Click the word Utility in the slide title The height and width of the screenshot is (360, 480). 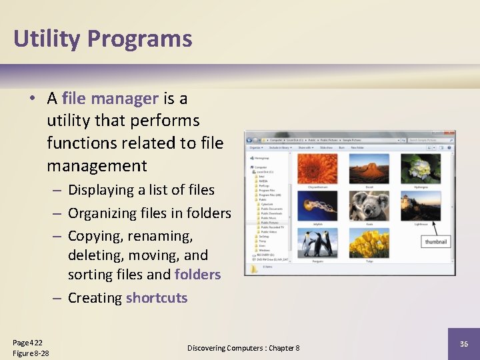pyautogui.click(x=45, y=39)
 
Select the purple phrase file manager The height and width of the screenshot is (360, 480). pyautogui.click(x=110, y=99)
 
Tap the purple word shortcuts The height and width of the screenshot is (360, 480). pyautogui.click(x=157, y=298)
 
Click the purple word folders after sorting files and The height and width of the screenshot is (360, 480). pyautogui.click(x=197, y=275)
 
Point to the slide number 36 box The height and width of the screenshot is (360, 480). pyautogui.click(x=463, y=343)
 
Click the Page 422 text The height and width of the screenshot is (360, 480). pyautogui.click(x=27, y=342)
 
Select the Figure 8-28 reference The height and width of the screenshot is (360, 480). pyautogui.click(x=31, y=353)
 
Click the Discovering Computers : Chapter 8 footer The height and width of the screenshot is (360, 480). pyautogui.click(x=243, y=348)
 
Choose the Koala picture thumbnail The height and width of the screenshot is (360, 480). pyautogui.click(x=369, y=206)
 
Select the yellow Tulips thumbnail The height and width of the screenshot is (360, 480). pyautogui.click(x=369, y=243)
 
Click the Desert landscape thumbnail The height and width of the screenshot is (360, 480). pyautogui.click(x=369, y=168)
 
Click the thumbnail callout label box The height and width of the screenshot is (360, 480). pyautogui.click(x=436, y=241)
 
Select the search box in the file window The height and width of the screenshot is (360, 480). pyautogui.click(x=431, y=140)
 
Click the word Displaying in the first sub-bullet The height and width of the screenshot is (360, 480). pyautogui.click(x=101, y=190)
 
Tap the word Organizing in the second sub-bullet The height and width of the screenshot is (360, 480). pyautogui.click(x=102, y=213)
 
